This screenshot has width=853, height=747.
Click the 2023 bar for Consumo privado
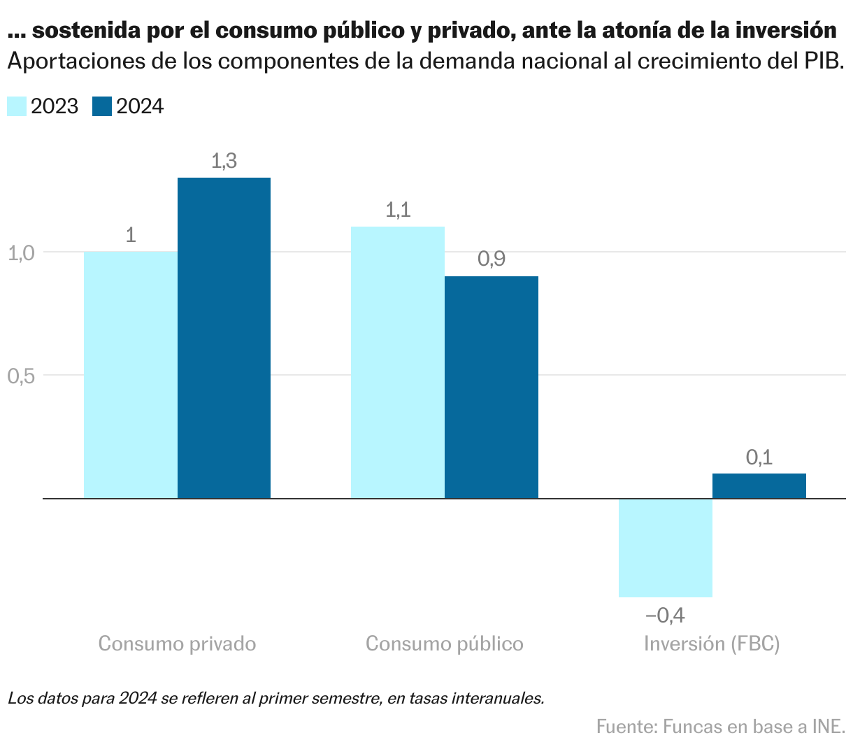click(x=131, y=375)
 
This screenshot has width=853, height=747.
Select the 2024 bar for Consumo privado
click(x=224, y=338)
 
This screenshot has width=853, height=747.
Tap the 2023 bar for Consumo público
click(x=397, y=362)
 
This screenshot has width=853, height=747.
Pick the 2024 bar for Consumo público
click(x=492, y=387)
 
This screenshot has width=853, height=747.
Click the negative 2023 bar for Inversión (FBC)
click(x=665, y=548)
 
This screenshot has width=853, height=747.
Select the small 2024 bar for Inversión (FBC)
click(x=759, y=486)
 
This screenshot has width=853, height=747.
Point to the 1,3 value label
click(x=224, y=162)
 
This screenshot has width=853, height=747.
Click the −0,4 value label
click(x=665, y=616)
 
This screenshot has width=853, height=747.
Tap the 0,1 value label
click(x=759, y=457)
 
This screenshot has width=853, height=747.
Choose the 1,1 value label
click(x=398, y=210)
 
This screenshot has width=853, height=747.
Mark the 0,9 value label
click(x=492, y=259)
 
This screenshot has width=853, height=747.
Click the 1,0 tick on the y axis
click(x=21, y=252)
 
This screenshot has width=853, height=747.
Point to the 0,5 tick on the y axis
click(x=21, y=376)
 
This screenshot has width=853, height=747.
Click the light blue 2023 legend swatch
click(x=17, y=106)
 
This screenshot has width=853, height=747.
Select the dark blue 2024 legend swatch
click(x=102, y=106)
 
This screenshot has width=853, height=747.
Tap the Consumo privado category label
click(x=177, y=643)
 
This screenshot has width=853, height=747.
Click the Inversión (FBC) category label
click(x=712, y=643)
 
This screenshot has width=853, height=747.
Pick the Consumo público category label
click(x=445, y=643)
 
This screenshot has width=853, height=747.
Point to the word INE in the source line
click(x=828, y=726)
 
